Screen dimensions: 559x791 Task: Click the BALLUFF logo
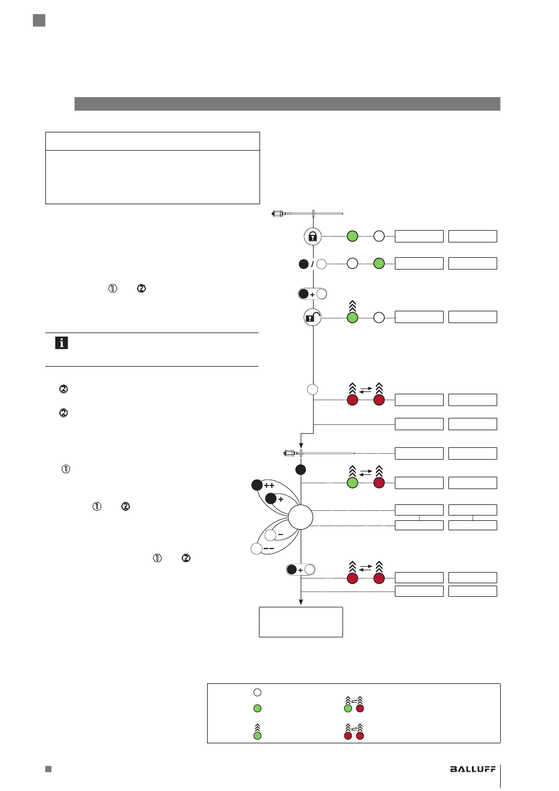coord(473,769)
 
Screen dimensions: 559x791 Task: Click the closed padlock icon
coord(312,236)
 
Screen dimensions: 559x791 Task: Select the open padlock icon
coord(312,317)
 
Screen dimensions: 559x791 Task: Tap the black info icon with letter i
coord(61,343)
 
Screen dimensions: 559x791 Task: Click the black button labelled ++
coord(257,485)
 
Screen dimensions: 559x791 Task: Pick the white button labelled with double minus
coord(257,549)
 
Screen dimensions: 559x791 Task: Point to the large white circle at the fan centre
coord(301,517)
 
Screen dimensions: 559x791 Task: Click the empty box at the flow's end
coord(301,622)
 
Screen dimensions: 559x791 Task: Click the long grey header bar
coord(287,104)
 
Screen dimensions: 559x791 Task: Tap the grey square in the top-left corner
coord(39,21)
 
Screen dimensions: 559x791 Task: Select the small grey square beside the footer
coord(48,769)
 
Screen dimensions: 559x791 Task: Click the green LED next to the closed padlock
coord(352,236)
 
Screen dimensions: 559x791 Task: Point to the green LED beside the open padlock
coord(352,317)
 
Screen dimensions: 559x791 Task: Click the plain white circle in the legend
coord(257,692)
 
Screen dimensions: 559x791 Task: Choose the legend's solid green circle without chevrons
coord(257,708)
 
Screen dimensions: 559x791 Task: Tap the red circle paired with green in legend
coord(360,708)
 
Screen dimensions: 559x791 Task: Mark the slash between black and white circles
coord(312,264)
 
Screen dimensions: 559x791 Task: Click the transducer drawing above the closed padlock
coord(307,214)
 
